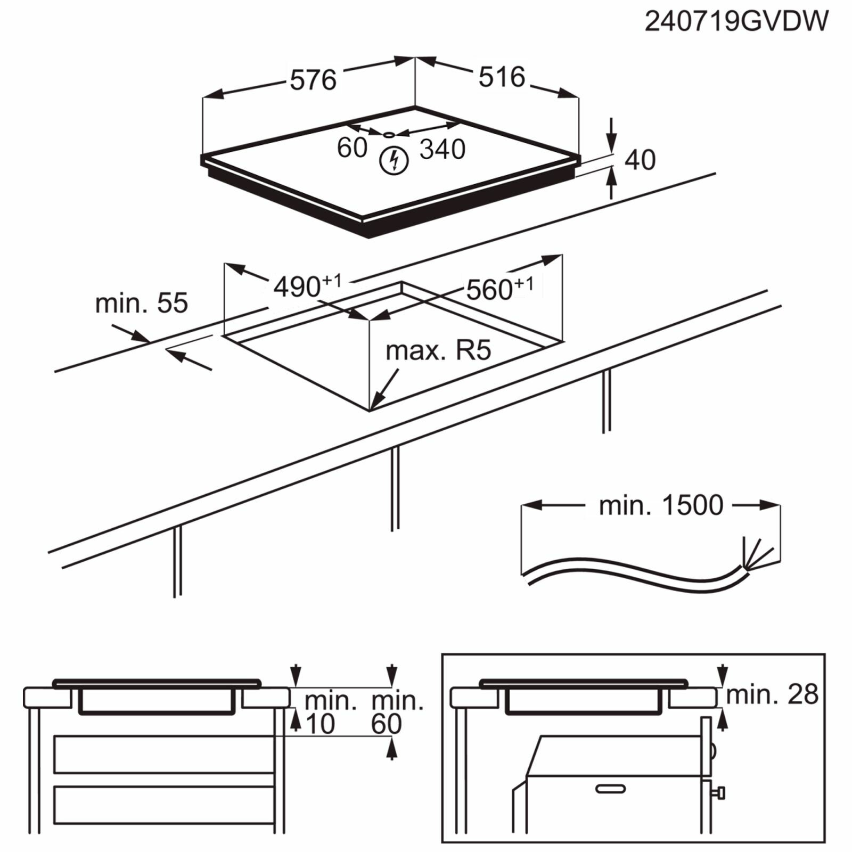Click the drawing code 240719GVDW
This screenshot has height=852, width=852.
click(x=736, y=22)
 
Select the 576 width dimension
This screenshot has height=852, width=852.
click(x=313, y=80)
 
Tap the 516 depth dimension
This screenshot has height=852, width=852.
click(x=502, y=77)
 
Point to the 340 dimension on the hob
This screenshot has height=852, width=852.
click(x=443, y=149)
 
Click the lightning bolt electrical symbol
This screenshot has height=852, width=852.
click(x=394, y=160)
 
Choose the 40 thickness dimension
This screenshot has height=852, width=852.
click(x=640, y=160)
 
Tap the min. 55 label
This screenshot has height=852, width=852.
click(x=142, y=303)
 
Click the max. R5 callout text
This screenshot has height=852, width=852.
click(x=438, y=350)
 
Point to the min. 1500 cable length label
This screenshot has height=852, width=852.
click(x=661, y=505)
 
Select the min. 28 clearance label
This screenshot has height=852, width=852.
click(x=772, y=694)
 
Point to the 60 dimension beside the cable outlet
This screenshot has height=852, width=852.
click(x=352, y=148)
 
